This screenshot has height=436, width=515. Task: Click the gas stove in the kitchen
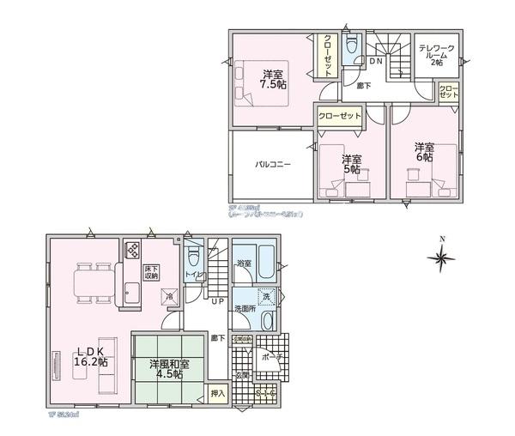pos(135,251)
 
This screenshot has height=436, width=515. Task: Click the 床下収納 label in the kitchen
pos(151,272)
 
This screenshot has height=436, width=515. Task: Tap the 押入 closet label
pos(218,394)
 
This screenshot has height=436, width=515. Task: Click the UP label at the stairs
pos(220,300)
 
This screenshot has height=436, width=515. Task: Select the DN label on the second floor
pos(376,63)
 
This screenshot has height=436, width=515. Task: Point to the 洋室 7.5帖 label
pos(274,79)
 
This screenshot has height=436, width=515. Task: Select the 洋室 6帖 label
pos(423,151)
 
